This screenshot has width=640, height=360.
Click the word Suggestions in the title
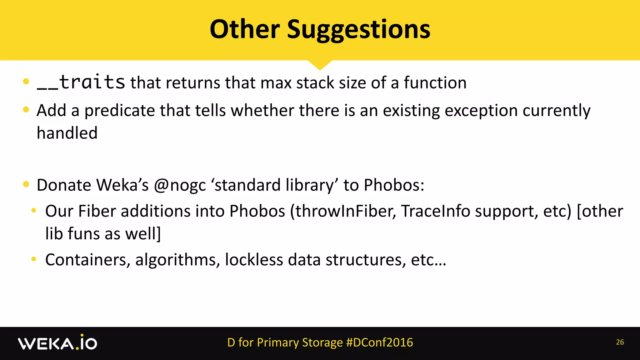358,30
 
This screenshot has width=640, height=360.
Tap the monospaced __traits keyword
81,82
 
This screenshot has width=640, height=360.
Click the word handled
67,133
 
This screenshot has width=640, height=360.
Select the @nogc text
180,185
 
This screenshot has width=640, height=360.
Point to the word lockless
254,260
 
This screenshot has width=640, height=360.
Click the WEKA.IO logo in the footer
57,343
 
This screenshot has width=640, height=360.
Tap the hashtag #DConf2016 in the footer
379,342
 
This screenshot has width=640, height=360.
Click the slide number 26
620,342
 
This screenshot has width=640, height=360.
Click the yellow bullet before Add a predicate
26,109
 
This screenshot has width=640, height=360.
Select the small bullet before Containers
34,259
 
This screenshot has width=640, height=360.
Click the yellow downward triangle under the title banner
320,64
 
